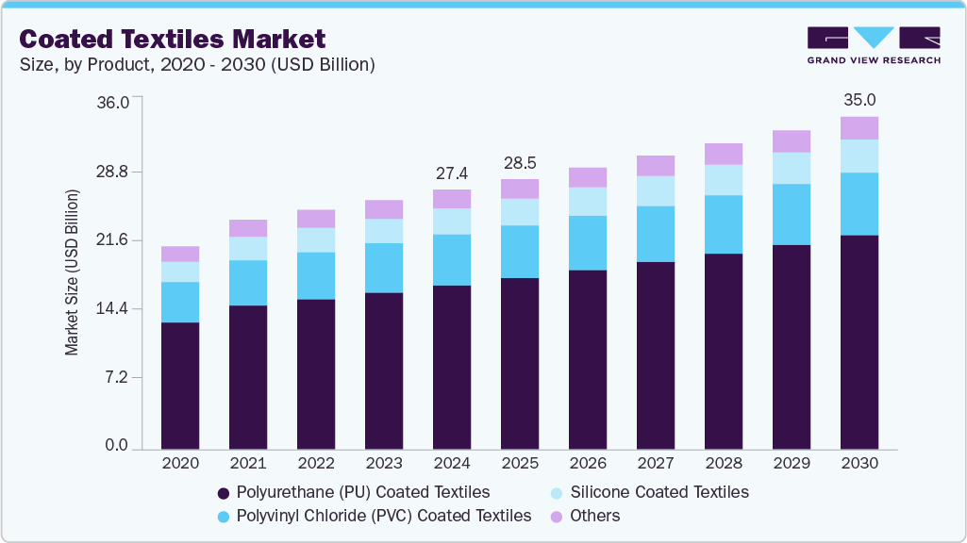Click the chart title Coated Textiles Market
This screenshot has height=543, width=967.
pos(173,39)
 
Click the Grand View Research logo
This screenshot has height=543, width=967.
pos(873,45)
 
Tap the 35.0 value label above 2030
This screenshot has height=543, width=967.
pos(859,100)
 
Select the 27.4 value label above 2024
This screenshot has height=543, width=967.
pos(452,173)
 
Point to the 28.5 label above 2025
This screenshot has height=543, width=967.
pos(520,163)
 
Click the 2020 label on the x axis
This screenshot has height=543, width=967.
pos(180,464)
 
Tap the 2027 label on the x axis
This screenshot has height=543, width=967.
pos(656,464)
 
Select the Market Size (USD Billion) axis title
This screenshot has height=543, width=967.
pos(72,272)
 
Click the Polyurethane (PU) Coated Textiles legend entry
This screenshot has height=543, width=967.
pos(353,492)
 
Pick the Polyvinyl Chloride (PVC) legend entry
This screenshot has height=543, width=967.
pos(374,516)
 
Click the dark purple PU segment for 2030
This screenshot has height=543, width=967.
pos(859,341)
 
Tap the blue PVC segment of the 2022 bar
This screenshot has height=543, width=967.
pos(316,275)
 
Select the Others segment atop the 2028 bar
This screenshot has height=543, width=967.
pos(724,154)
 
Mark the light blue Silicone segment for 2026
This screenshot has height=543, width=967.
pos(588,201)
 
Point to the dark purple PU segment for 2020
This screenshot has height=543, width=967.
pos(180,386)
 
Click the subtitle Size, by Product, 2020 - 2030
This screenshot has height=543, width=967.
pos(197,64)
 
